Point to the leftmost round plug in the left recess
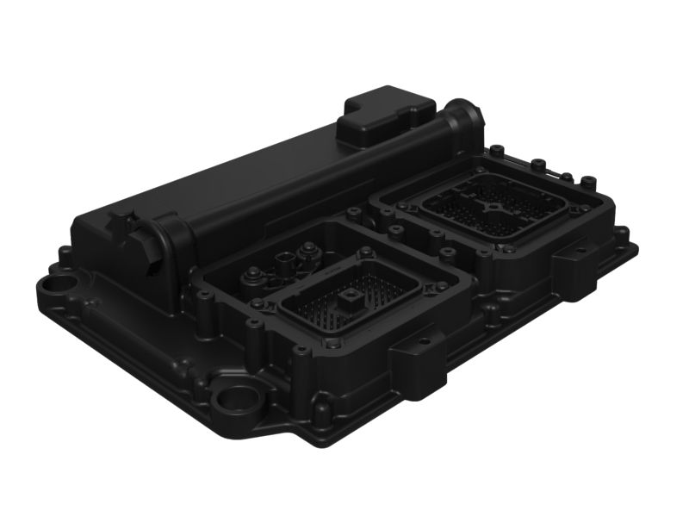[x=251, y=277]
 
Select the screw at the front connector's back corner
[x=368, y=252]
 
